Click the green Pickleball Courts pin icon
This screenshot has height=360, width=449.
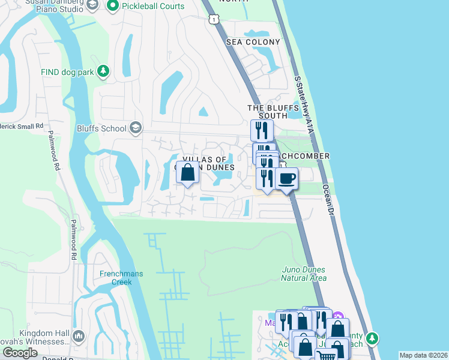112,5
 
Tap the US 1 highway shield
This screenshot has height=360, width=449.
214,20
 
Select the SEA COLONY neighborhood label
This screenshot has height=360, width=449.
253,42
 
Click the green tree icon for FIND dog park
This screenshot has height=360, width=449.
103,72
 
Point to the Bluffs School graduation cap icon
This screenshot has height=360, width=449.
136,128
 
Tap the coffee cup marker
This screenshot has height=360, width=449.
286,178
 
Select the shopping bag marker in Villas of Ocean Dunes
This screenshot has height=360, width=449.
188,173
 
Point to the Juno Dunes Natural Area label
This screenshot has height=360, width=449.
304,274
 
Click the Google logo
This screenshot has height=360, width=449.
20,353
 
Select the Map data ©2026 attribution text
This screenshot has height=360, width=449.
423,355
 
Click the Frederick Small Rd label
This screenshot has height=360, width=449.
22,127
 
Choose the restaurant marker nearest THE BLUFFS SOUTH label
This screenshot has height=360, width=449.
262,130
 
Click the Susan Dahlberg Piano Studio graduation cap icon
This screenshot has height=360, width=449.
92,5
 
